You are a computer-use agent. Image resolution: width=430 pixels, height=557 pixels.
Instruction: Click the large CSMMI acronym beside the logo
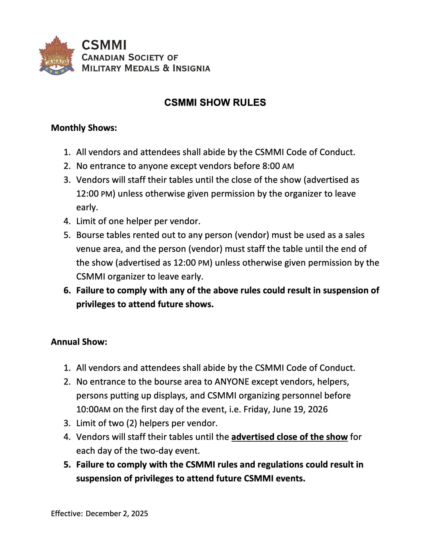coord(104,45)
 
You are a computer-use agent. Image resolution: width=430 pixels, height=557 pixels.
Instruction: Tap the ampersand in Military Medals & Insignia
coord(166,68)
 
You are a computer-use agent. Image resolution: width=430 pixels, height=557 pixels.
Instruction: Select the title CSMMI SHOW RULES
coord(215,102)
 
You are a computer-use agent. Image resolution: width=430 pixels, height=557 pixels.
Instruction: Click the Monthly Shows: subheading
coord(84,128)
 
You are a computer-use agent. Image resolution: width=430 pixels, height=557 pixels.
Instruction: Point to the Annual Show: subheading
coord(79,342)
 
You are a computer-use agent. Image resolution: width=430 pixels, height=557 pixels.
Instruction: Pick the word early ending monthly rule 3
coord(87,207)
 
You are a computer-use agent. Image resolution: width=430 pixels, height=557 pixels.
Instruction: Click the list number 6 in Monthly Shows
coord(67,290)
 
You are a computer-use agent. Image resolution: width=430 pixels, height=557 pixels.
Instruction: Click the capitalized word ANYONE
coord(232,382)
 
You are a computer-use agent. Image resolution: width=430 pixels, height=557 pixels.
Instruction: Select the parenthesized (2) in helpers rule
coord(132,423)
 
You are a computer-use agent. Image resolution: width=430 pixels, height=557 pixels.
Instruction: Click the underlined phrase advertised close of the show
coord(289,437)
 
